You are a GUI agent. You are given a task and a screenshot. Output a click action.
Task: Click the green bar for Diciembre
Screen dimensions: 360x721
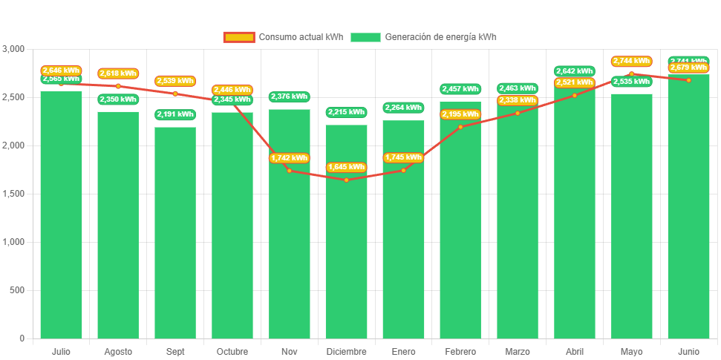tap(346, 245)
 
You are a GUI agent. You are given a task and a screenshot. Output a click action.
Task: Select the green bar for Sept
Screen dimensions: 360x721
tap(175, 238)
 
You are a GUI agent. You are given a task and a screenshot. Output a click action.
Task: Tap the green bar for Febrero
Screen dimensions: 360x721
tap(460, 230)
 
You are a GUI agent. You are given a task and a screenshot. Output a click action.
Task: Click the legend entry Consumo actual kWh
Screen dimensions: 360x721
tap(283, 37)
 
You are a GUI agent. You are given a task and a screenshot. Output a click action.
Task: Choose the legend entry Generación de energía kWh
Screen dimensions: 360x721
tap(423, 37)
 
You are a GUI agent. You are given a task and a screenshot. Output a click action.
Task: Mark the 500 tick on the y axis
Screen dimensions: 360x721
tap(16, 290)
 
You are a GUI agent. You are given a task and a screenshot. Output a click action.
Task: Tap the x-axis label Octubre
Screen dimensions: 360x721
tap(232, 351)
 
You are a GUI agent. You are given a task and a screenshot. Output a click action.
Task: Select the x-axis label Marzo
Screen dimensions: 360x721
tap(518, 351)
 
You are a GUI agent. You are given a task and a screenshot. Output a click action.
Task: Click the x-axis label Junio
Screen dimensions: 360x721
tap(688, 351)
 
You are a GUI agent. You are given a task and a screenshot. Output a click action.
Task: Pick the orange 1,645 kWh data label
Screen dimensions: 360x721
tap(346, 167)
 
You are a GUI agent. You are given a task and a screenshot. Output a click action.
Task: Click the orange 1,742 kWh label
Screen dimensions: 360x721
tap(289, 158)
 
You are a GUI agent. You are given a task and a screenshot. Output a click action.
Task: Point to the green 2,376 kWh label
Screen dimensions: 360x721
tap(289, 96)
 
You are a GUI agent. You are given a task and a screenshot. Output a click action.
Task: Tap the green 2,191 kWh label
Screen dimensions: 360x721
tap(175, 114)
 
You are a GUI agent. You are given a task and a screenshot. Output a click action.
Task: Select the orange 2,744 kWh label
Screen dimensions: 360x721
tap(631, 61)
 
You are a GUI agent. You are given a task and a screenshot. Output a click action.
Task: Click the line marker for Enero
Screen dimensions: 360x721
tap(403, 171)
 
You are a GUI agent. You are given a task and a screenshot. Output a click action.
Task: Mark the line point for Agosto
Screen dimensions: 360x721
tap(118, 86)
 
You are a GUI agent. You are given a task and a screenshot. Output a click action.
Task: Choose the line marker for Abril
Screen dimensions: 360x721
tap(574, 95)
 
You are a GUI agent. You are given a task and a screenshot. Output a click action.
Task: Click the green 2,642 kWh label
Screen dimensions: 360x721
tap(574, 71)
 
